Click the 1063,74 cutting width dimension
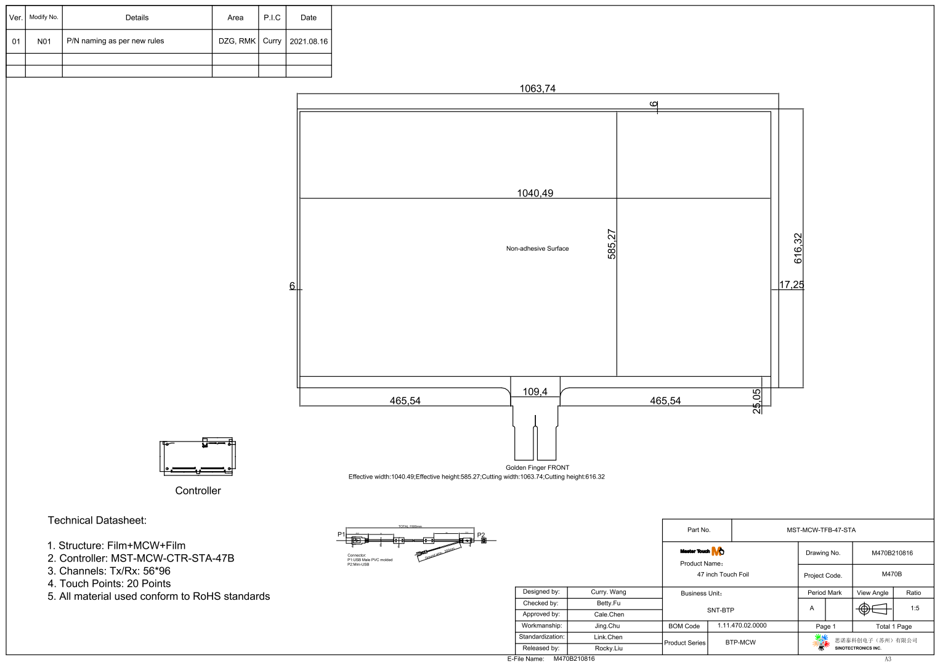pyautogui.click(x=537, y=89)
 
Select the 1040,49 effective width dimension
pyautogui.click(x=535, y=193)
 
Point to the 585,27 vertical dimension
pyautogui.click(x=612, y=244)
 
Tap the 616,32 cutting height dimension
pyautogui.click(x=798, y=248)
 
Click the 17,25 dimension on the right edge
pyautogui.click(x=792, y=285)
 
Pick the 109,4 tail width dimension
pyautogui.click(x=535, y=392)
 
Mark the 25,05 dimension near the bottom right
pyautogui.click(x=757, y=401)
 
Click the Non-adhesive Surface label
pyautogui.click(x=537, y=249)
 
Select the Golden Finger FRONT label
pyautogui.click(x=537, y=467)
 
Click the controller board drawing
pyautogui.click(x=198, y=457)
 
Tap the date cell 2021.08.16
pyautogui.click(x=309, y=41)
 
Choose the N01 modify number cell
pyautogui.click(x=44, y=41)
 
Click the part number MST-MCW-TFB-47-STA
pyautogui.click(x=820, y=530)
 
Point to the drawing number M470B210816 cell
pyautogui.click(x=892, y=553)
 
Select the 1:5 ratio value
pyautogui.click(x=915, y=608)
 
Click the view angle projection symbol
pyautogui.click(x=873, y=609)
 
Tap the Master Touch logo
pyautogui.click(x=702, y=551)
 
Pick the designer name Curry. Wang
pyautogui.click(x=608, y=592)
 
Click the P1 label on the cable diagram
pyautogui.click(x=341, y=534)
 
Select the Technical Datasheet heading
pyautogui.click(x=97, y=520)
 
